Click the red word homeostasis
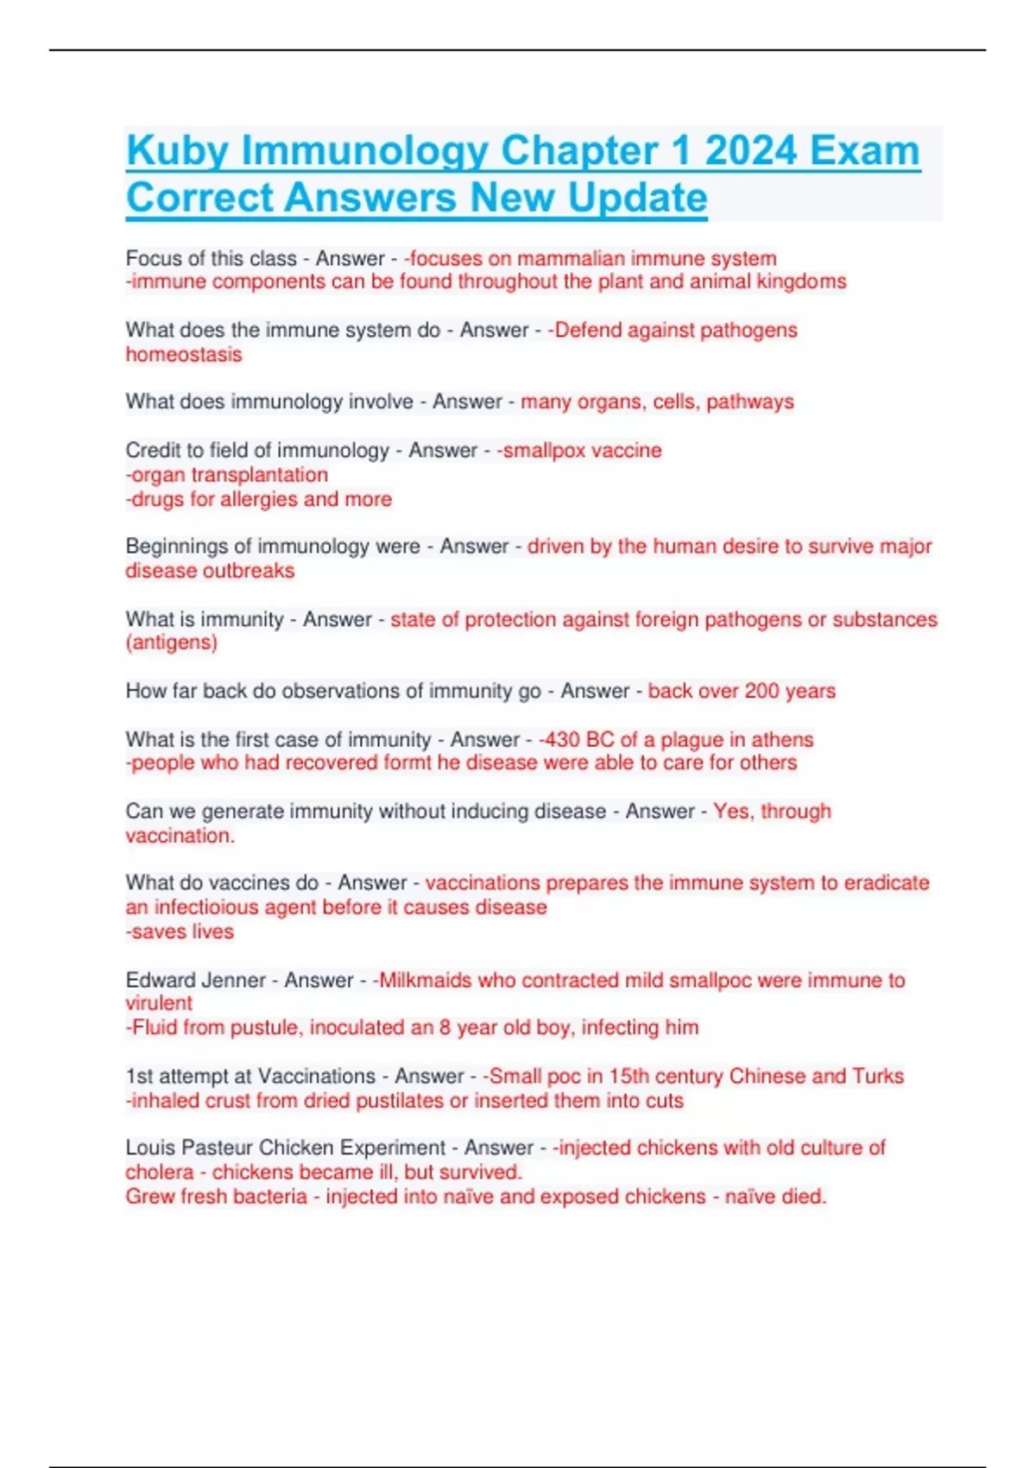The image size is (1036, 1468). click(x=184, y=354)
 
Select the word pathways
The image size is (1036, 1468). click(x=749, y=402)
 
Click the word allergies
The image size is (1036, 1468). click(x=258, y=499)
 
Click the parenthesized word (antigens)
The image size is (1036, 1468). click(x=171, y=642)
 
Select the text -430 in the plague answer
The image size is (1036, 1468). click(x=559, y=740)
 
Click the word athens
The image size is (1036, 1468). click(x=782, y=740)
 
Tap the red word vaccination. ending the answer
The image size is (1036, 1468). click(x=180, y=836)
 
